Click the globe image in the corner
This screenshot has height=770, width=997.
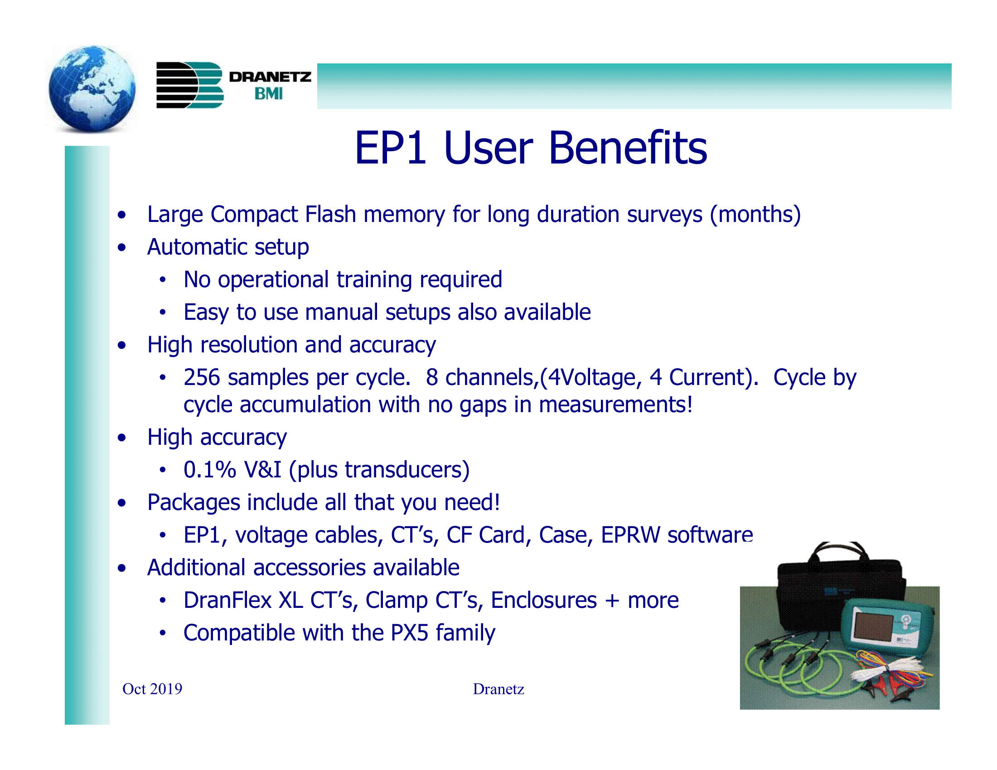click(92, 89)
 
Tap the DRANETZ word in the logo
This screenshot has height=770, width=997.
click(270, 77)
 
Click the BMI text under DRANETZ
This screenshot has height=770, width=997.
click(268, 93)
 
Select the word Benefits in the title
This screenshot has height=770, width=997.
click(628, 148)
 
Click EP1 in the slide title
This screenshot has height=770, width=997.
click(390, 148)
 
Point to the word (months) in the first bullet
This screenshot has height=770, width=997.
click(755, 214)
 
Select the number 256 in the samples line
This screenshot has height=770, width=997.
click(201, 378)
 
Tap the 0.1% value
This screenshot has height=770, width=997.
click(209, 470)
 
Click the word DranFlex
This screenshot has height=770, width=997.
click(227, 600)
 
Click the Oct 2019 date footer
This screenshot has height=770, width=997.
click(152, 689)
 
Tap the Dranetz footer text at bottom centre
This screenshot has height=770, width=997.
click(498, 689)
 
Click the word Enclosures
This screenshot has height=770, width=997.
click(544, 600)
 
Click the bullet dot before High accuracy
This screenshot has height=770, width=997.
click(121, 438)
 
